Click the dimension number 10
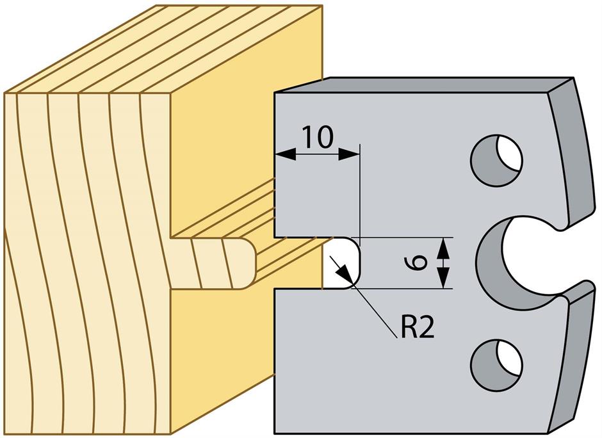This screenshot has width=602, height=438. pos(317,137)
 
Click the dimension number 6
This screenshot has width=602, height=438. pos(417,263)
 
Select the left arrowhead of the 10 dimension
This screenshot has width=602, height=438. pos(281,154)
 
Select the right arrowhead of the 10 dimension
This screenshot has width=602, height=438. pos(351,154)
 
